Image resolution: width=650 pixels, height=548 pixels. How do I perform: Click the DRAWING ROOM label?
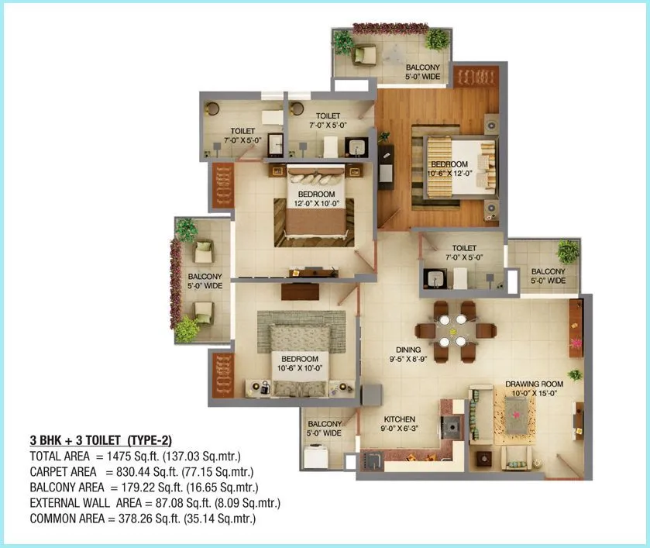[x=535, y=384]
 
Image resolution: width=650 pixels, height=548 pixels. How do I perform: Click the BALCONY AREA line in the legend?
[x=143, y=488]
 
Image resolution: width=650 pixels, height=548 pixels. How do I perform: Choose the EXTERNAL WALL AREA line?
[x=154, y=503]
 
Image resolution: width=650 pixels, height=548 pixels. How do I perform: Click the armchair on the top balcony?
[x=365, y=53]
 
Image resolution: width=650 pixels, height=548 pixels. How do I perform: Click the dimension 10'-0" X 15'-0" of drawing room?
[x=535, y=394]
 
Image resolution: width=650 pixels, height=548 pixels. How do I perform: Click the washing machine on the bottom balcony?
[x=317, y=458]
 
